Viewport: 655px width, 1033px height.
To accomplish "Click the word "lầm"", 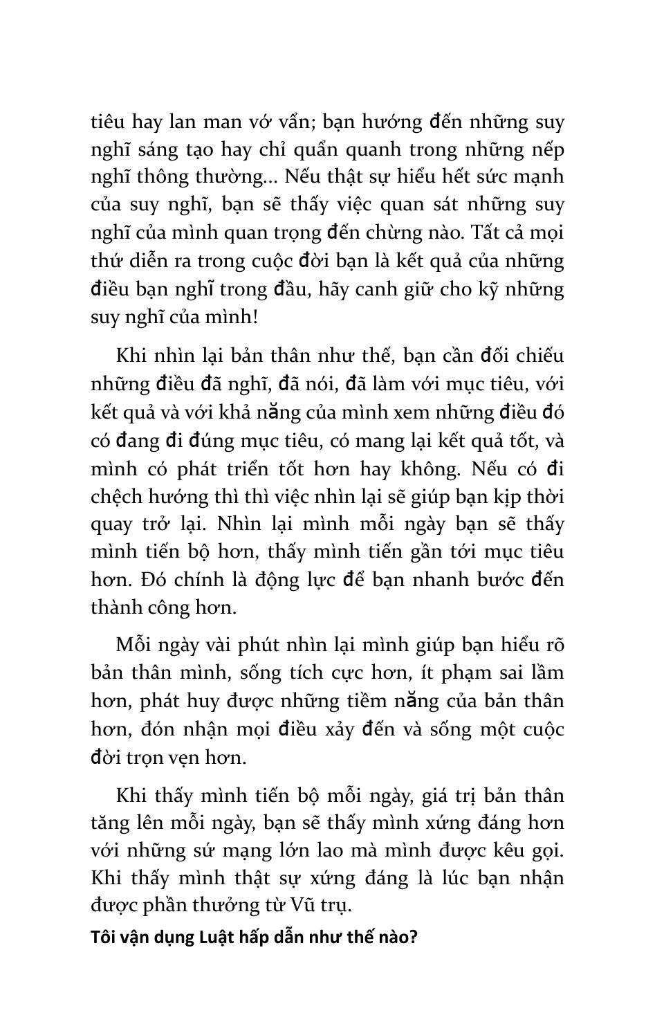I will click(x=547, y=673).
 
